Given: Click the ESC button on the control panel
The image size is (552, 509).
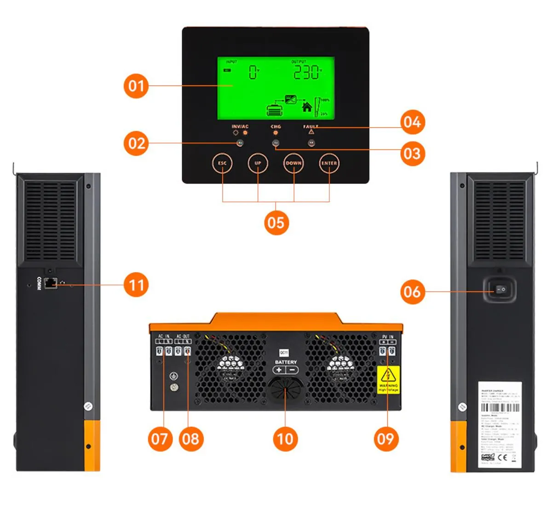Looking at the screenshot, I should click(x=222, y=163).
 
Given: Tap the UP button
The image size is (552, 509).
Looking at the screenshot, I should click(x=258, y=163).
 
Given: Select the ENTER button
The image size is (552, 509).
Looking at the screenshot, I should click(x=329, y=163).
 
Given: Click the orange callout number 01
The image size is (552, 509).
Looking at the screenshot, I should click(x=136, y=86).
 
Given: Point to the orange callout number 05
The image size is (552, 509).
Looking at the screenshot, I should click(x=276, y=223).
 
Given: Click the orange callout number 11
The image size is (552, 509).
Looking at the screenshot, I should click(x=136, y=285).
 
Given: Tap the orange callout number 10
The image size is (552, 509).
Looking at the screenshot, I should click(x=285, y=439).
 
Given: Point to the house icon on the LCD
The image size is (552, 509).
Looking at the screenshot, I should click(x=307, y=107).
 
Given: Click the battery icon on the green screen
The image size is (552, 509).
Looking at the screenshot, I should click(x=276, y=110).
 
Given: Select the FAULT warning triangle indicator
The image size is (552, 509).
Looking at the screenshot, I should click(x=311, y=132).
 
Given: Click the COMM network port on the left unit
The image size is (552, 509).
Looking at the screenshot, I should click(x=51, y=284).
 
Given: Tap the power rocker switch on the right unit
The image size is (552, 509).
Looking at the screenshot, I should click(x=500, y=290).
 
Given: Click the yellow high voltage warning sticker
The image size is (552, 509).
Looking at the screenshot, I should click(x=388, y=380).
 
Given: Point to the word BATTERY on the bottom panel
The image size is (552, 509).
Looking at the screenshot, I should click(x=286, y=362).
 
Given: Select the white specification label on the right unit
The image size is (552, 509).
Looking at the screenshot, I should click(x=500, y=424).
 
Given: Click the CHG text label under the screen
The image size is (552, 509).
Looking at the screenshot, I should click(x=276, y=126).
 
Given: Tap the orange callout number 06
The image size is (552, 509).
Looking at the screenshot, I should click(x=412, y=291).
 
